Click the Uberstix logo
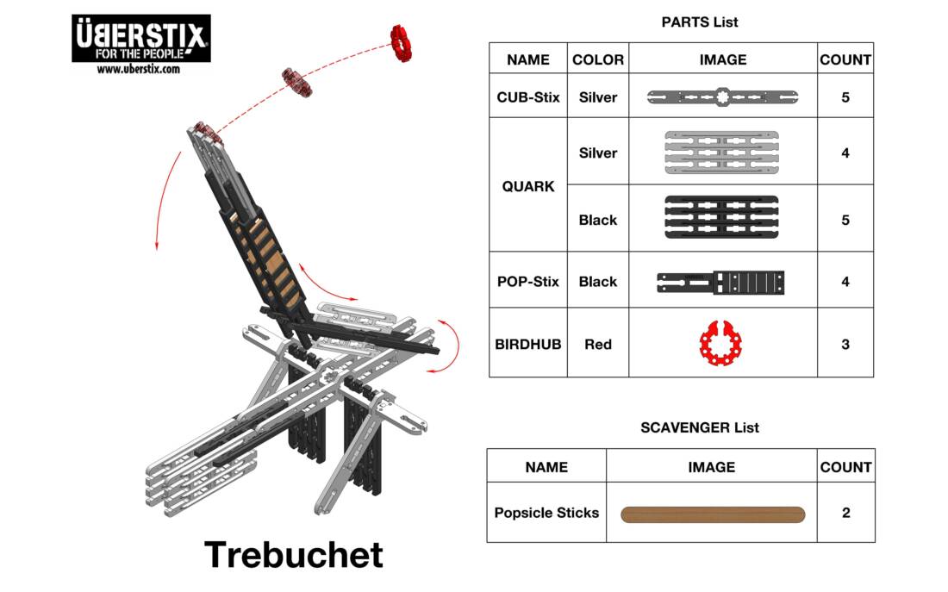[x=140, y=38]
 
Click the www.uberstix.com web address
[x=139, y=69]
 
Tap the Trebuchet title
[x=294, y=554]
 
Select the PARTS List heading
[x=700, y=22]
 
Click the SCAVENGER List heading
[x=700, y=427]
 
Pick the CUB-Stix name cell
[x=528, y=97]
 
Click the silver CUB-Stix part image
[x=722, y=97]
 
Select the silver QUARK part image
[x=722, y=153]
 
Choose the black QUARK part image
[x=722, y=220]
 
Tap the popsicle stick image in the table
[x=713, y=514]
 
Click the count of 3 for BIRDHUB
[x=845, y=344]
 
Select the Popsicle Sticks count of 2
[x=845, y=513]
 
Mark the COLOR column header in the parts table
[x=598, y=59]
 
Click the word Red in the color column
[x=598, y=344]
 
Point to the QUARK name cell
[x=528, y=186]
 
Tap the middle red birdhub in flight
[x=297, y=82]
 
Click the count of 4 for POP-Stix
[x=845, y=282]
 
